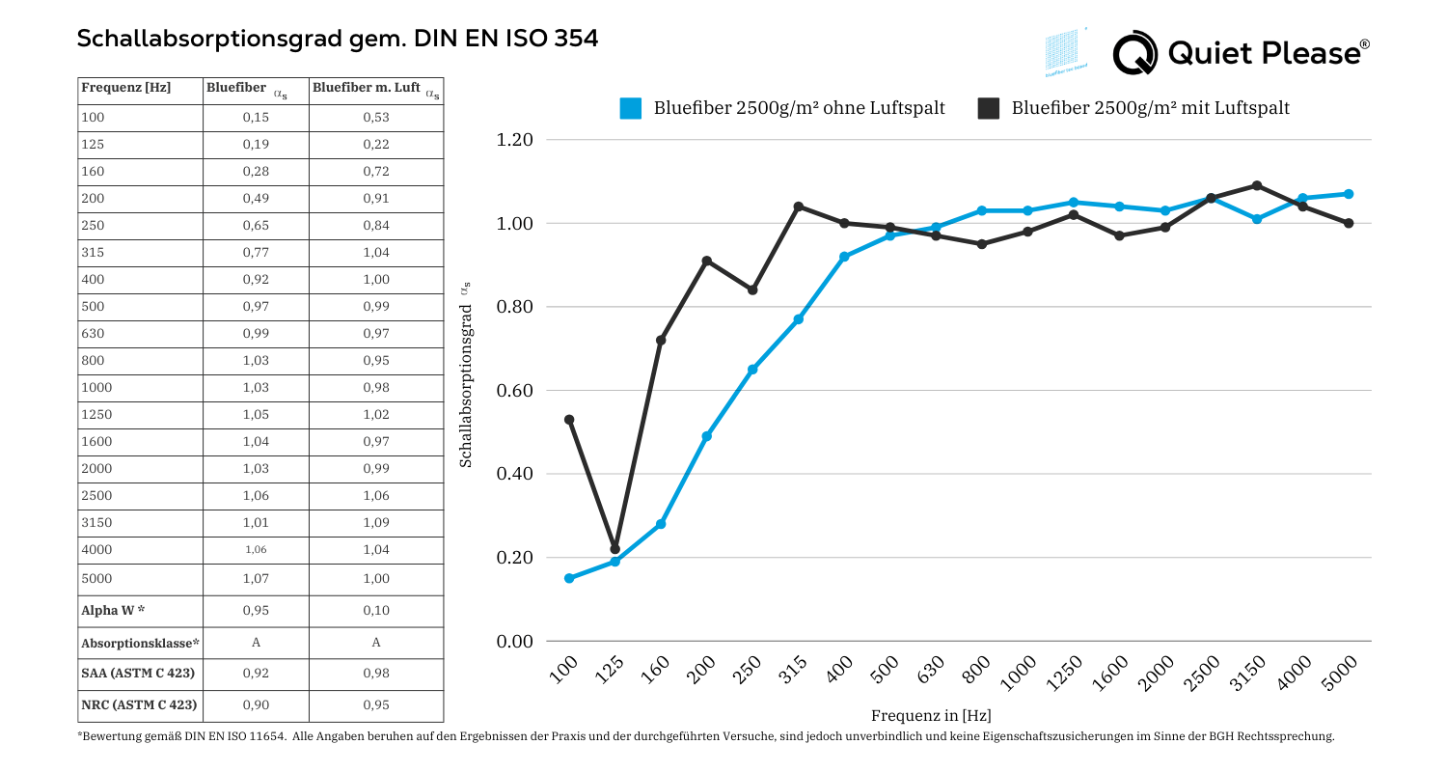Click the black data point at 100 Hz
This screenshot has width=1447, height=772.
coord(569,420)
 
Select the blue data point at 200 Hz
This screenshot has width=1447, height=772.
coord(707,436)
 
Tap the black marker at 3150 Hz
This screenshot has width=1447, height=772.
coord(1257,185)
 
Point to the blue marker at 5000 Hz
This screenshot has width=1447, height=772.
coord(1349,194)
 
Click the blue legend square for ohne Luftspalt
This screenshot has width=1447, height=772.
coord(631,108)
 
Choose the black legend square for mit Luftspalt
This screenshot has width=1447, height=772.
coord(989,108)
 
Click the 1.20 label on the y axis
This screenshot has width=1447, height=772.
coord(514,140)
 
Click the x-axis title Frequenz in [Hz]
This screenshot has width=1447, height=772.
coord(931,715)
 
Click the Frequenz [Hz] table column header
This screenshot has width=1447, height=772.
coord(126,88)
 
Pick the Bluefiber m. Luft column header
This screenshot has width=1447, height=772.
coord(368,89)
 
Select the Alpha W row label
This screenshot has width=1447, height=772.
coord(114,611)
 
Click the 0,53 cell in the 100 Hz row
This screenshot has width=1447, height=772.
coord(376,118)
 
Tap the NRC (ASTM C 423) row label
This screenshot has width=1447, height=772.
coord(140,704)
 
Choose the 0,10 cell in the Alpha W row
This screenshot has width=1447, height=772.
coord(376,611)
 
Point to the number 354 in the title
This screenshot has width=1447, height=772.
coord(576,39)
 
